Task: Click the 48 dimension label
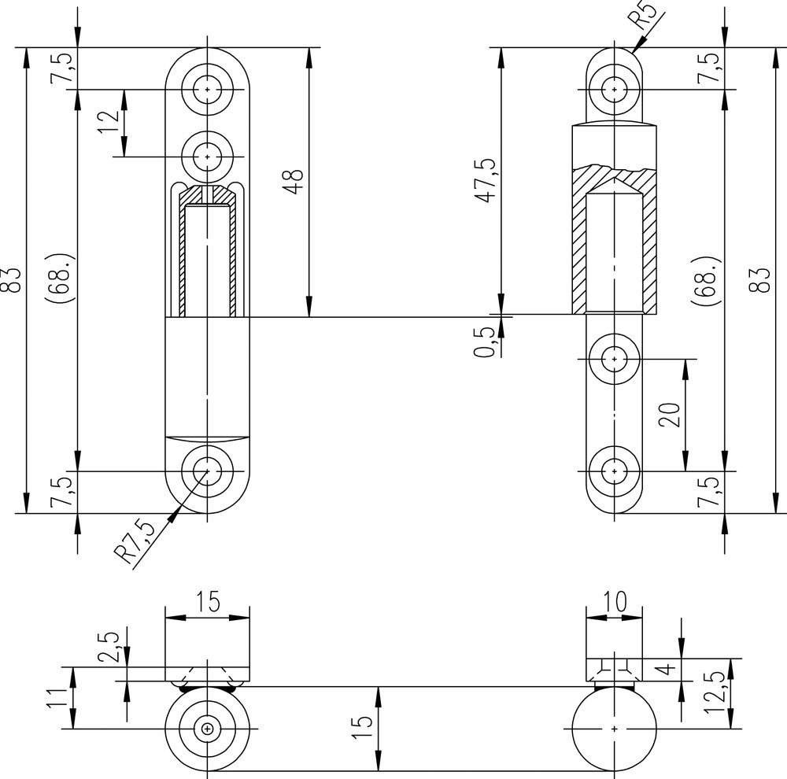293,182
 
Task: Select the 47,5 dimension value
486,180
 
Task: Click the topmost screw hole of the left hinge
207,90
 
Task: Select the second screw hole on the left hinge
207,157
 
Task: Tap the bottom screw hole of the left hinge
207,471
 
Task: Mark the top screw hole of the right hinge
614,88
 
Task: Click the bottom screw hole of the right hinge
614,471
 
